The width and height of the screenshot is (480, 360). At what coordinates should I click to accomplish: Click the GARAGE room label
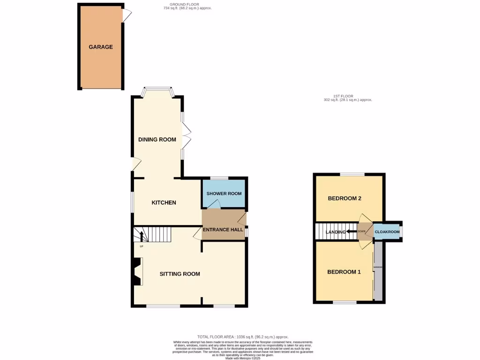coord(101,47)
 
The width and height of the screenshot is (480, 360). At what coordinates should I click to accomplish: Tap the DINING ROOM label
coord(157,139)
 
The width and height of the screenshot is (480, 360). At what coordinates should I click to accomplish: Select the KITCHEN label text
coord(164,202)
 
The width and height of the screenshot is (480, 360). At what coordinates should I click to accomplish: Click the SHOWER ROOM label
coord(224,194)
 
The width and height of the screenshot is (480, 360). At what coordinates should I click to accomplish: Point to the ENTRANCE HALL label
coord(223,230)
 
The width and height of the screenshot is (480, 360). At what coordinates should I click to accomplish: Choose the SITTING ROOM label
coord(180,274)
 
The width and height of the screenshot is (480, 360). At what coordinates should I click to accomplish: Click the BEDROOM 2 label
coord(344,198)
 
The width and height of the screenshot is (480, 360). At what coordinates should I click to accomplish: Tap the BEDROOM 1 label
coord(344,272)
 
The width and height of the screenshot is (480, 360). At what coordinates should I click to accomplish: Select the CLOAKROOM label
coord(387,232)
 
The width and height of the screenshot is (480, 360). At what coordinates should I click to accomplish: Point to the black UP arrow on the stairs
coord(141,236)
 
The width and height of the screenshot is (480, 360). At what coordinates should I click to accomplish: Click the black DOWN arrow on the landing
coord(351,232)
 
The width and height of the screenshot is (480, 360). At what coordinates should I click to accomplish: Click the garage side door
coord(127,15)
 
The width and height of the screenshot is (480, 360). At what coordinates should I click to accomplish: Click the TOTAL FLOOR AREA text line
coord(243,337)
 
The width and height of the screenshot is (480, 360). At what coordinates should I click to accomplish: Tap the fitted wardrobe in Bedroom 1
coord(378,272)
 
